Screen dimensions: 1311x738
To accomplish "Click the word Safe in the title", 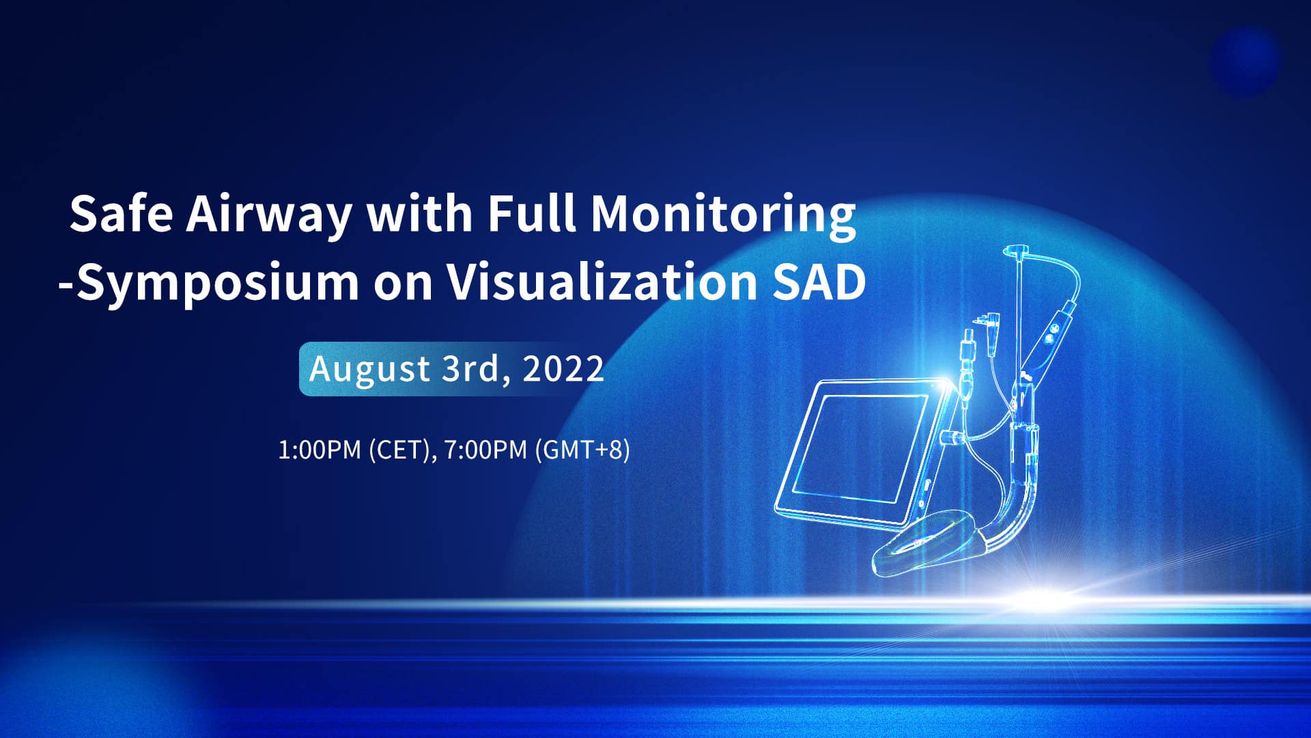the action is click(x=121, y=213).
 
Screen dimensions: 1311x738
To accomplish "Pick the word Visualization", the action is click(x=601, y=282).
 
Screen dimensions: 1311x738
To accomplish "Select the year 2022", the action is click(x=563, y=368).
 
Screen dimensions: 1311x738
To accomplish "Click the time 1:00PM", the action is click(x=320, y=450).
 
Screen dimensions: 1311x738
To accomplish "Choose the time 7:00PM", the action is click(x=485, y=450).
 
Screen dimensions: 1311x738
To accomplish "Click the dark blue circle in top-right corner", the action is click(x=1244, y=61).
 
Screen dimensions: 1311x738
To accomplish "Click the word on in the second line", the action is click(x=402, y=286).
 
